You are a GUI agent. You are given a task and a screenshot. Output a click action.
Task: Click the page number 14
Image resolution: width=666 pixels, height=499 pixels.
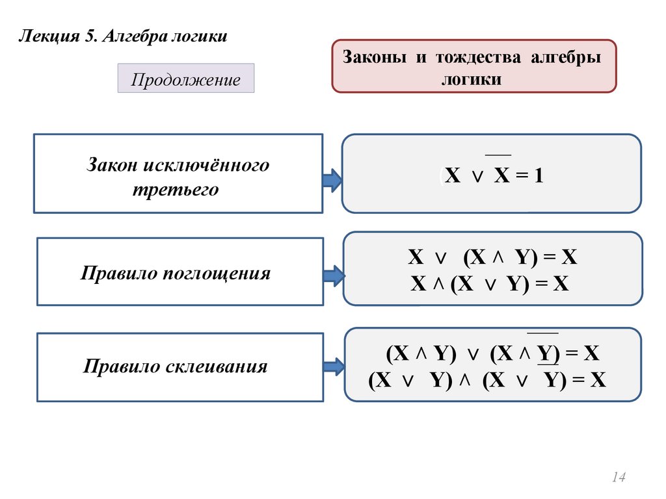(x=618, y=478)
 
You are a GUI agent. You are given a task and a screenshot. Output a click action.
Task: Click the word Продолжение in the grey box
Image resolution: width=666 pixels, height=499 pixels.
(x=185, y=80)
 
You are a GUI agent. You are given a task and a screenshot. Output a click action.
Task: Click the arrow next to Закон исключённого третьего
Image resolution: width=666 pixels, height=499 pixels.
(x=332, y=180)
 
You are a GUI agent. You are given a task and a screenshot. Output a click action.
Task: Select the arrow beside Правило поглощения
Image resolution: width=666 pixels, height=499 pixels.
(x=333, y=275)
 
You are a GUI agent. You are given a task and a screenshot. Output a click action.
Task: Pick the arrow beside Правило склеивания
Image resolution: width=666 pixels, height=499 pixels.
(x=333, y=368)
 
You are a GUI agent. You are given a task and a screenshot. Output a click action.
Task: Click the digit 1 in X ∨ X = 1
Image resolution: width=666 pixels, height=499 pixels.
(x=538, y=176)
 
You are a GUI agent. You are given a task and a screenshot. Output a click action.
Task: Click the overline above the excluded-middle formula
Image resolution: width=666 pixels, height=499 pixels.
(x=498, y=155)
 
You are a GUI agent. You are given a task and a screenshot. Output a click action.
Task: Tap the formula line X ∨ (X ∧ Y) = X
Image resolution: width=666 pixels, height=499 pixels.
(x=492, y=257)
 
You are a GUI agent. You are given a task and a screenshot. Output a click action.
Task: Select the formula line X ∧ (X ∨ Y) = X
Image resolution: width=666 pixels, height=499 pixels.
(x=490, y=284)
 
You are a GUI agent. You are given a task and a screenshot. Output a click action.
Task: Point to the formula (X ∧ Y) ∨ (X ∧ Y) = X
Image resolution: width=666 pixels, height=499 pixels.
(x=492, y=354)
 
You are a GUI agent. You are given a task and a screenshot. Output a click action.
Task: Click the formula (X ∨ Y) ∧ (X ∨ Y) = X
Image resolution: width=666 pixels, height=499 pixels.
(x=487, y=381)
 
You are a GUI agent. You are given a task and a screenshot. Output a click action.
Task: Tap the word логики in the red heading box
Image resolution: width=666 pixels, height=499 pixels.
(x=472, y=79)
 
